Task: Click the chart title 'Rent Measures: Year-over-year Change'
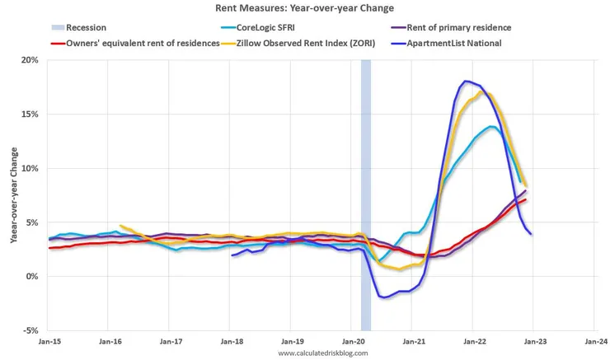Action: click(x=306, y=9)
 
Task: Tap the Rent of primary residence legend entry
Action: click(x=466, y=27)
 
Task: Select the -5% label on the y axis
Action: click(x=30, y=330)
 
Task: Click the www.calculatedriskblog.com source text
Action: click(x=321, y=353)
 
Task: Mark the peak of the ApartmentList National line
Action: click(x=467, y=81)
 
